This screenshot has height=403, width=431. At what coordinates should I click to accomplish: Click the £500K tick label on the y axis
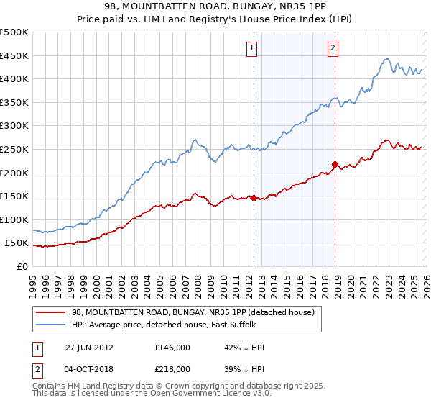point(14,32)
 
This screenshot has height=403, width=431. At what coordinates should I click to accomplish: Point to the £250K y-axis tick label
point(14,149)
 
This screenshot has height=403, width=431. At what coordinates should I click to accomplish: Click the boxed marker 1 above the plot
point(253,48)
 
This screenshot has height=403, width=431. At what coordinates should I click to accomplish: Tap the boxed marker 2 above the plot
point(333,48)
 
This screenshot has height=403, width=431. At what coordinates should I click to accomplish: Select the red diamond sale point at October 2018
point(335,164)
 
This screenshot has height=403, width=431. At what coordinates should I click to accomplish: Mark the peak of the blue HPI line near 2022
point(386,59)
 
